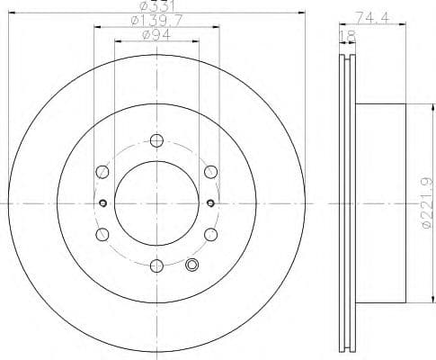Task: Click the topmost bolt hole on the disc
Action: click(156, 139)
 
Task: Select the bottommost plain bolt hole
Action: click(156, 264)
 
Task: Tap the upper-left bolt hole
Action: click(102, 171)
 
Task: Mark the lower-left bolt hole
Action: click(102, 233)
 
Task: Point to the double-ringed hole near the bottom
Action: click(191, 264)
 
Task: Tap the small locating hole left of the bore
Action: click(103, 202)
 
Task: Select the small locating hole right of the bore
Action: click(209, 202)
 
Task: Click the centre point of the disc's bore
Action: click(156, 202)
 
